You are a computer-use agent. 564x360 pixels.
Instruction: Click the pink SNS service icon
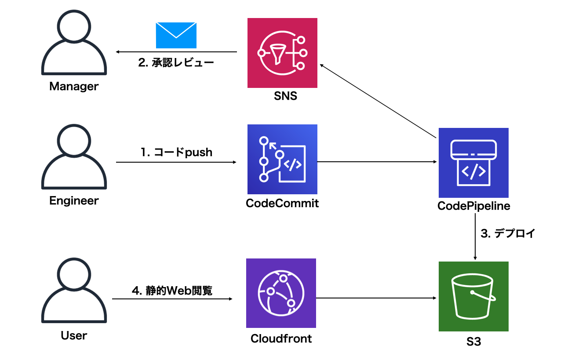click(x=282, y=53)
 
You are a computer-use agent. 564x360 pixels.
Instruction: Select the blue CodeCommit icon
click(x=282, y=159)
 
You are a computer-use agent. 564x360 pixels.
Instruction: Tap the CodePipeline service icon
click(x=473, y=163)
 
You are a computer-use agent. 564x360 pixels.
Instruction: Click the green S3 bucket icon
click(x=473, y=296)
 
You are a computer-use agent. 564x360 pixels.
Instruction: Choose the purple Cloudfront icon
click(x=281, y=293)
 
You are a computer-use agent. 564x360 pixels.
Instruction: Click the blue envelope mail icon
click(x=176, y=36)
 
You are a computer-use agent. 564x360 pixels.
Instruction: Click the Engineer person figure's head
click(x=74, y=141)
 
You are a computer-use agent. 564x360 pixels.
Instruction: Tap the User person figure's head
click(x=74, y=276)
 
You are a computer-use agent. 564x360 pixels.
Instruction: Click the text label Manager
click(x=74, y=86)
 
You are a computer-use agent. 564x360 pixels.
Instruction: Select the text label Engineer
click(x=74, y=201)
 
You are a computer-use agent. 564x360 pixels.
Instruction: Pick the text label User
click(x=74, y=336)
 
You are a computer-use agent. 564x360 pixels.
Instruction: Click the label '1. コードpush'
click(x=176, y=153)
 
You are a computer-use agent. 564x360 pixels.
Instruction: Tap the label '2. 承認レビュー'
click(x=176, y=63)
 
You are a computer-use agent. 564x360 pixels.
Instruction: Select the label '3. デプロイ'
click(x=508, y=233)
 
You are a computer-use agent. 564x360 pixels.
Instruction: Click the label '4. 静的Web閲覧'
click(x=172, y=291)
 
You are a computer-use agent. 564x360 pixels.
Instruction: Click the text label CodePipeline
click(x=474, y=206)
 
